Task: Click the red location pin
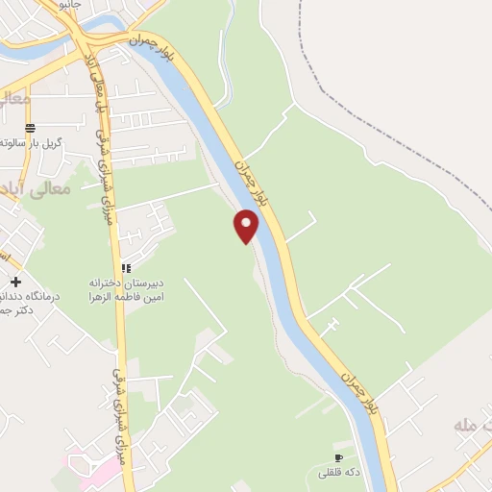point(247,225)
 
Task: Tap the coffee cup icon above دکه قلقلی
point(337,457)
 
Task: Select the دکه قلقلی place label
point(337,473)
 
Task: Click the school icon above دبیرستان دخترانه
point(125,268)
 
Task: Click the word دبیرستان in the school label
point(142,283)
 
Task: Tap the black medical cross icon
point(14,282)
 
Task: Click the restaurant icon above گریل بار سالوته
point(30,127)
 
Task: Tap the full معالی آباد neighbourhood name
point(38,187)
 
